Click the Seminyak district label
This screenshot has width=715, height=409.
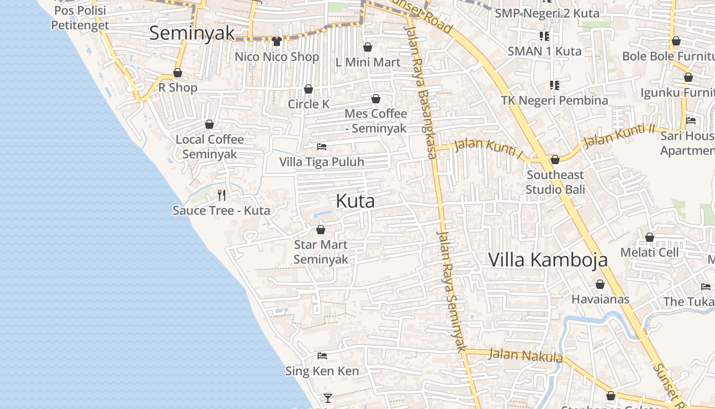point(192,33)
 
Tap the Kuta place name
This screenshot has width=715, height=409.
point(355,201)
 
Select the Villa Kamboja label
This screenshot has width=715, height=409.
point(548,259)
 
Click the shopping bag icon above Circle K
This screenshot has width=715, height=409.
point(308,89)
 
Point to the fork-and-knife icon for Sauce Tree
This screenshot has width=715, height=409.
point(222,195)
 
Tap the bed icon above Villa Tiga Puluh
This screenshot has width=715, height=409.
point(322,147)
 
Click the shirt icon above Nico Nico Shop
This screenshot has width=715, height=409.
point(277,41)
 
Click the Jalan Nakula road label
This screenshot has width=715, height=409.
point(526,355)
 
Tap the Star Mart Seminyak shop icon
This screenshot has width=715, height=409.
point(321,230)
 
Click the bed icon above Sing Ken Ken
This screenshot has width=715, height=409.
point(322,356)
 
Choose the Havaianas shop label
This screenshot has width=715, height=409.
point(600,299)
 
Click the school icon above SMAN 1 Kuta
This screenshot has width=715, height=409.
point(544,36)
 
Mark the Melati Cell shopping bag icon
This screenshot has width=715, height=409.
point(650,237)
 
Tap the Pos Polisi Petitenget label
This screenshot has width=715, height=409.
point(80,18)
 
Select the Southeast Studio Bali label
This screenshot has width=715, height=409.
point(555,182)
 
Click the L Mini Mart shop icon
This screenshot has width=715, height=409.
point(368,48)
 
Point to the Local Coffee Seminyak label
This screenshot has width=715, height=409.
point(209,147)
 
